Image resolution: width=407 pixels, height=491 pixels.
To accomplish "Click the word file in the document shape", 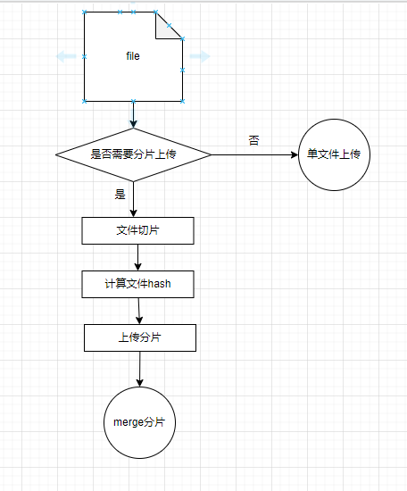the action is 133,56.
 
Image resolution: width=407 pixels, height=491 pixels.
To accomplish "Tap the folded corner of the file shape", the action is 165,29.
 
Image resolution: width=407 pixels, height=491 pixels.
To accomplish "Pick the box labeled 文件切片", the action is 137,230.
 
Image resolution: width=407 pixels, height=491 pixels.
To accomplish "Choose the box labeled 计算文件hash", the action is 137,284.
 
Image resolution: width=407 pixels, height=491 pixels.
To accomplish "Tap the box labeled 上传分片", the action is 140,337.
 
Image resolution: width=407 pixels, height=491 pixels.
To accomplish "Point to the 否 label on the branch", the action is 253,140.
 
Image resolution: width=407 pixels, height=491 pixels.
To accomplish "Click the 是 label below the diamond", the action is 120,194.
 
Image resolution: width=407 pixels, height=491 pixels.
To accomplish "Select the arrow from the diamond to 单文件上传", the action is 255,154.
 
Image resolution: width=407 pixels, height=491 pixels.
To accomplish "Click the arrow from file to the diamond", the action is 133,114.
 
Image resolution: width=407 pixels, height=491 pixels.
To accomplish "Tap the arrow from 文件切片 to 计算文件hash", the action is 137,257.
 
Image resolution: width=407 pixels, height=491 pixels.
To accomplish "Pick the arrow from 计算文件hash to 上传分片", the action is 139,311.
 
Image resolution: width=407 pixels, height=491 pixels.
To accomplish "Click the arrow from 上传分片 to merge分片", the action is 140,369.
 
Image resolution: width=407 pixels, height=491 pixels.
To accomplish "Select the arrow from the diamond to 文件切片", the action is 133,199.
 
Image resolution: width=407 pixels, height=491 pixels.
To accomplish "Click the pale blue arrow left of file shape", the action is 66,56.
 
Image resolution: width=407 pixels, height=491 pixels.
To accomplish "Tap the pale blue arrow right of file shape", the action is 200,56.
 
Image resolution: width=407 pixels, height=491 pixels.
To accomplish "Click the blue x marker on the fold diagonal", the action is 169,25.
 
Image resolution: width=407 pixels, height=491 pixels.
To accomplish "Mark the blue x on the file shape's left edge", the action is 84,56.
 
